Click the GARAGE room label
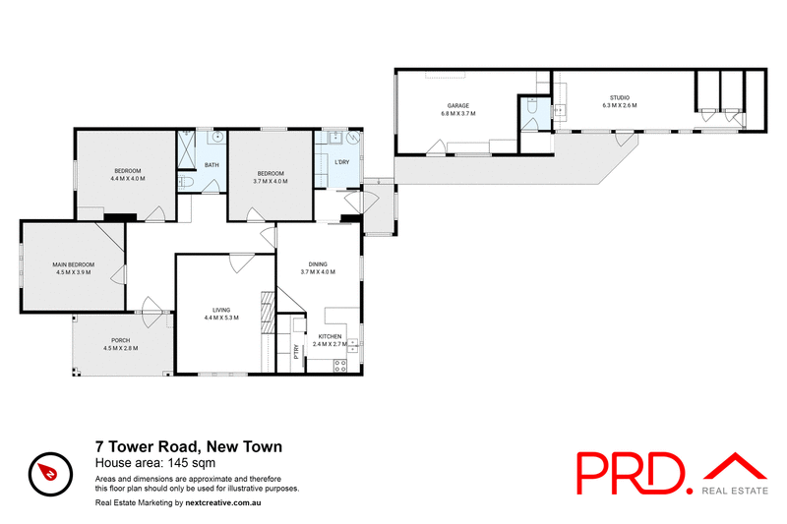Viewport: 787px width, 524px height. (457, 105)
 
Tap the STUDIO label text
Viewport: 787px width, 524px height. (619, 97)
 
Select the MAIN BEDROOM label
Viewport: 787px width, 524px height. (74, 264)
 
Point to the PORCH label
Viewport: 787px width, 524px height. (121, 341)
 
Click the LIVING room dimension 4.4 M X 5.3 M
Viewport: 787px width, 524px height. (221, 318)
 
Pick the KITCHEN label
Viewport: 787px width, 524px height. (330, 337)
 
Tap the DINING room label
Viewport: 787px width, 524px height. (318, 263)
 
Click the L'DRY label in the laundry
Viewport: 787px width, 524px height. (342, 161)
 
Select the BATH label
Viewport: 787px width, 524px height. (211, 164)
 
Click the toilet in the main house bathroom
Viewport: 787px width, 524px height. (186, 182)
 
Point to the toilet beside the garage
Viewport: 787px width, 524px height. (530, 116)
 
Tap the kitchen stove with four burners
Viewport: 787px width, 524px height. (341, 366)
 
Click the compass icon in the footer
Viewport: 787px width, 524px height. (46, 472)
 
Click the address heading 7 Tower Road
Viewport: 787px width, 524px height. (188, 446)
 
